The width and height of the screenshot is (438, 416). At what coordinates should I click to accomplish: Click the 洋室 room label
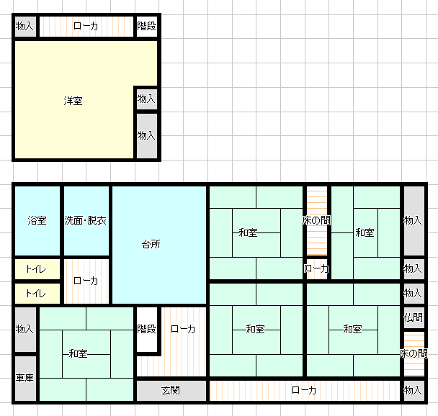(x=73, y=101)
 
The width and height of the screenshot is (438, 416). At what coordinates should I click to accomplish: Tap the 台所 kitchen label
(x=151, y=245)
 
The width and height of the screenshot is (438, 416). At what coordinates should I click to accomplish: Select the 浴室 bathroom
(x=37, y=220)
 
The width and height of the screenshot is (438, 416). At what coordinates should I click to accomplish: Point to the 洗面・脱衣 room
(x=86, y=220)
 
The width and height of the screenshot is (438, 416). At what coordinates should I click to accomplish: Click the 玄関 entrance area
(x=171, y=390)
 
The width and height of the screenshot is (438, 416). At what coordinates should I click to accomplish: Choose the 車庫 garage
(x=25, y=378)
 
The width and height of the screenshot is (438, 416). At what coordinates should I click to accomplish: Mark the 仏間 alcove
(x=414, y=317)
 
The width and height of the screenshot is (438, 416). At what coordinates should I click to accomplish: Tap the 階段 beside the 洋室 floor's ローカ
(x=147, y=26)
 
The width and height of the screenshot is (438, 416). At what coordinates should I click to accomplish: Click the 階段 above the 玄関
(x=147, y=329)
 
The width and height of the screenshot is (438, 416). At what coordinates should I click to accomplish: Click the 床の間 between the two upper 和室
(x=317, y=220)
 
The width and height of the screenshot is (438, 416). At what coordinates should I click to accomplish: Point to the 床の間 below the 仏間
(x=414, y=354)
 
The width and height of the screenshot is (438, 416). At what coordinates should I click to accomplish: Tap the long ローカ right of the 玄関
(x=305, y=390)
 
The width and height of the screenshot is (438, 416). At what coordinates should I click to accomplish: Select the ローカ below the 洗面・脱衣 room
(x=86, y=281)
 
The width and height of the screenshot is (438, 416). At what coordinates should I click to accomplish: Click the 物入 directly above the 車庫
(x=25, y=329)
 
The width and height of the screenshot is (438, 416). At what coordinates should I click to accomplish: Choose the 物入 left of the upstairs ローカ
(x=25, y=26)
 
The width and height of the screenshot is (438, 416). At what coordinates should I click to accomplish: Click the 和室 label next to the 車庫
(x=79, y=354)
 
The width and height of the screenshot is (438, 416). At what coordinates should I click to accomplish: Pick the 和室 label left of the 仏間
(x=352, y=329)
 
